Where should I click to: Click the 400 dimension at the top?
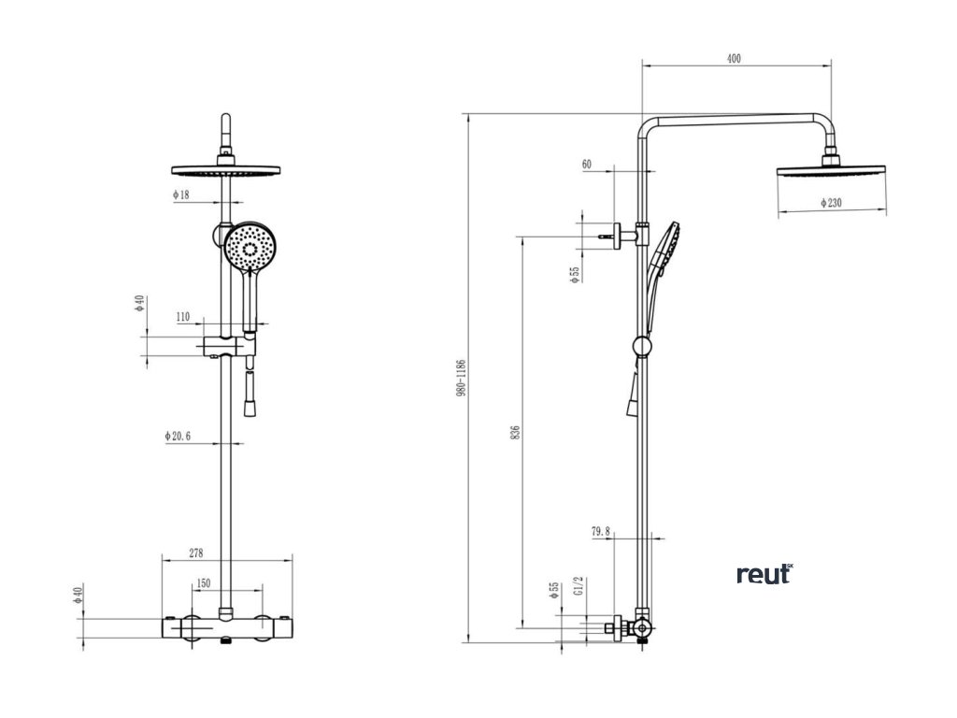click(x=734, y=58)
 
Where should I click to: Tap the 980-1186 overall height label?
click(x=462, y=380)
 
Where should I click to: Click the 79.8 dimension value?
click(x=601, y=531)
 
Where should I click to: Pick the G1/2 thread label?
click(x=578, y=587)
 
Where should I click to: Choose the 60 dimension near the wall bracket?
click(x=587, y=165)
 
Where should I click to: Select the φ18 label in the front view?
click(x=180, y=194)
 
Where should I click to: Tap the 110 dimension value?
click(x=183, y=317)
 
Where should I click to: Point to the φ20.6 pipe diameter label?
click(x=178, y=436)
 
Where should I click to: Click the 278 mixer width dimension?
click(x=196, y=553)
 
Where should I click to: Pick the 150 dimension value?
click(x=202, y=583)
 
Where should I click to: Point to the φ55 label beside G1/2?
click(x=554, y=589)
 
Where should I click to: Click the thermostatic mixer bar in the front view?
click(x=225, y=626)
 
